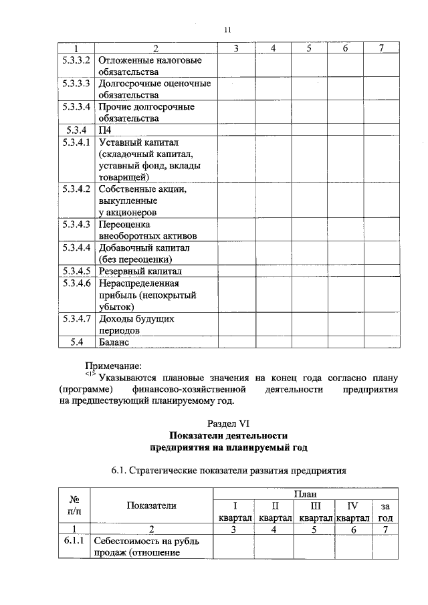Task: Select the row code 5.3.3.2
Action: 76,60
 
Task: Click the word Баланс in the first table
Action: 112,342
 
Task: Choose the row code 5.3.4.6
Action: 76,283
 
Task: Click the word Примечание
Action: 113,366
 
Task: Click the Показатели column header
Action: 152,505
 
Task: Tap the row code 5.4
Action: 76,342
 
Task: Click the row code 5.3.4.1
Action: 76,142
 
